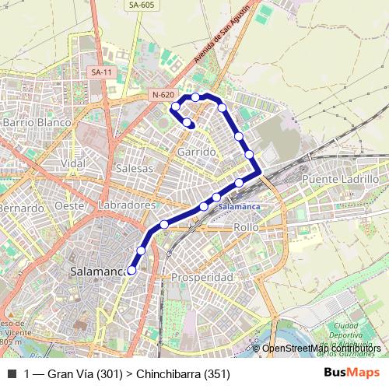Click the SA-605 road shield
(x=140, y=5)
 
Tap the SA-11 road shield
(x=99, y=72)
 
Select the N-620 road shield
(x=162, y=95)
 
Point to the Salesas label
(x=134, y=168)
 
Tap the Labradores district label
(x=128, y=205)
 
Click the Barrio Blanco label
(x=37, y=122)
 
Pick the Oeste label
(x=69, y=205)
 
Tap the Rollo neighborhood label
(x=246, y=227)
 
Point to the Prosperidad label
(x=202, y=277)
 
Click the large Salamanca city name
(x=98, y=272)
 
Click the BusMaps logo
(x=352, y=373)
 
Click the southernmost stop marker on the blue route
(x=131, y=270)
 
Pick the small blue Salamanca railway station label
(x=238, y=207)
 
